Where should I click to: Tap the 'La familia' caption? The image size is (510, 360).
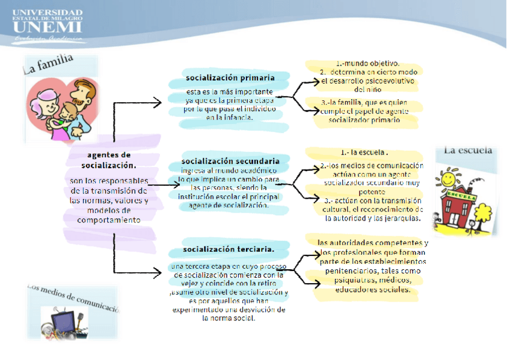pos(48,63)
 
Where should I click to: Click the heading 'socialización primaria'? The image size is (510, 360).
pos(230,78)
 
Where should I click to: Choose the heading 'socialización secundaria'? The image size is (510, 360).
pos(230,161)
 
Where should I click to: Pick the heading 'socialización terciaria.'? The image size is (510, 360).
pos(229,249)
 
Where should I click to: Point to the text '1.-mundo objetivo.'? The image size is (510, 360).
pos(367,63)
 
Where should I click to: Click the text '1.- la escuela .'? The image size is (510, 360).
pos(364,152)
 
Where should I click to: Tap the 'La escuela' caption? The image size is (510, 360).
pos(468,151)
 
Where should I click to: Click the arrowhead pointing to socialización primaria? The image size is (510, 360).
pos(157,103)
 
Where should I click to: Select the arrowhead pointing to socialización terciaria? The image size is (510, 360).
pos(157,272)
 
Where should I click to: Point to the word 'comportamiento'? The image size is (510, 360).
pos(108,220)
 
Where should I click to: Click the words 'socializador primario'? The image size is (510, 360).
pos(364,120)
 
